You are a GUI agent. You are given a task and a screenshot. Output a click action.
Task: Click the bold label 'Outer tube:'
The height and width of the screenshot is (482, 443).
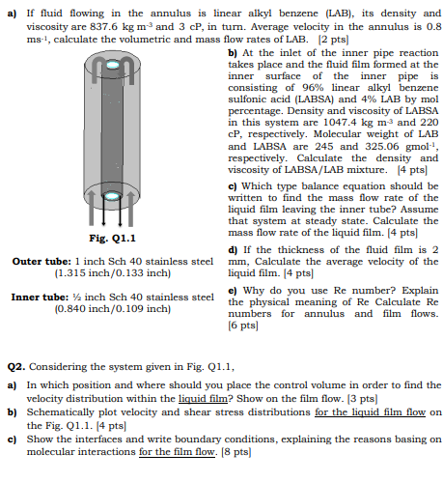tap(42, 261)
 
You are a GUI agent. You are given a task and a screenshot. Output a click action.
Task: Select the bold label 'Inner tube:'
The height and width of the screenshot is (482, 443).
tap(40, 298)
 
